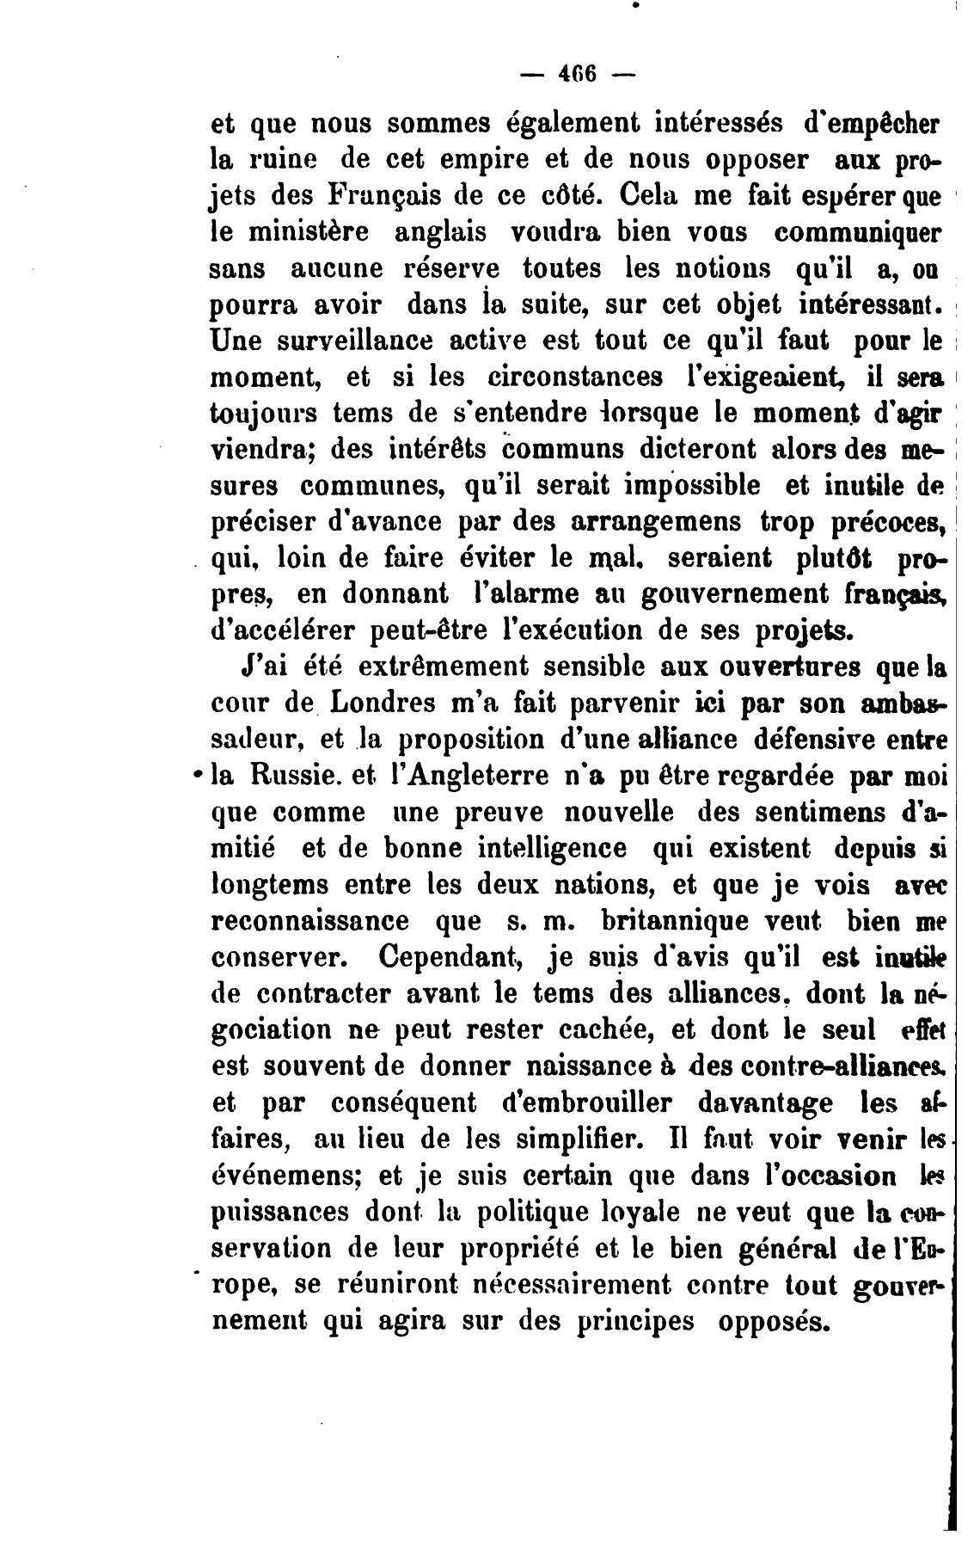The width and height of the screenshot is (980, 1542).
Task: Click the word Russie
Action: click(x=285, y=776)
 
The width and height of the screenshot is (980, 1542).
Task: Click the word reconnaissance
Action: click(x=310, y=920)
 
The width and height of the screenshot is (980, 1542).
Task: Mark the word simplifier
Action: click(x=564, y=1139)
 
